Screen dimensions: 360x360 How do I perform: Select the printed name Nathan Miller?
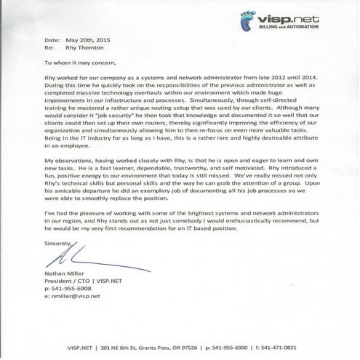point(68,274)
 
